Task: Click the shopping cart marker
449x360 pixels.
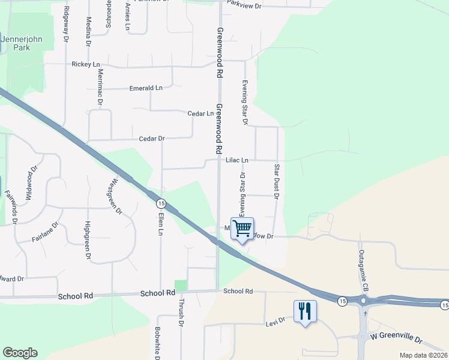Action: pyautogui.click(x=242, y=229)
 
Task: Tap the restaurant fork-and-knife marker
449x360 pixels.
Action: pyautogui.click(x=306, y=311)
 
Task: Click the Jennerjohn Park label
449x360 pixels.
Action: pyautogui.click(x=24, y=43)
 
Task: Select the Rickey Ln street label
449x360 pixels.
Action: pyautogui.click(x=85, y=64)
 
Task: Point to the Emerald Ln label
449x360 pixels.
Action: pyautogui.click(x=146, y=88)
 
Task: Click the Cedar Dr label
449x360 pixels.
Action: pyautogui.click(x=152, y=139)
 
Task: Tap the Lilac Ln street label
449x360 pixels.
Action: pyautogui.click(x=237, y=161)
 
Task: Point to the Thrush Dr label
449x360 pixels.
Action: pyautogui.click(x=181, y=312)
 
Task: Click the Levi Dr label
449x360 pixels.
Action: pyautogui.click(x=274, y=324)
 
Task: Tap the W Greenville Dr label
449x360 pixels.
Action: pyautogui.click(x=397, y=340)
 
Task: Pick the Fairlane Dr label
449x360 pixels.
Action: pyautogui.click(x=46, y=233)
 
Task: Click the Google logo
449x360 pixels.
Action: pyautogui.click(x=20, y=353)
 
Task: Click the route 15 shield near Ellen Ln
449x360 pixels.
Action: pyautogui.click(x=162, y=202)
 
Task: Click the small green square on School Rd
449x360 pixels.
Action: pyautogui.click(x=181, y=286)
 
